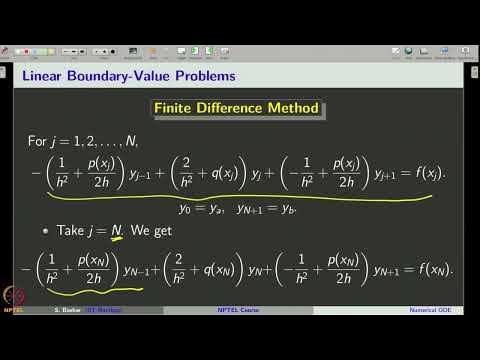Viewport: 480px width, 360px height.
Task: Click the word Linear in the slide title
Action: click(46, 76)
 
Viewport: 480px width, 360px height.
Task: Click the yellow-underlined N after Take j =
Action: click(117, 231)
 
